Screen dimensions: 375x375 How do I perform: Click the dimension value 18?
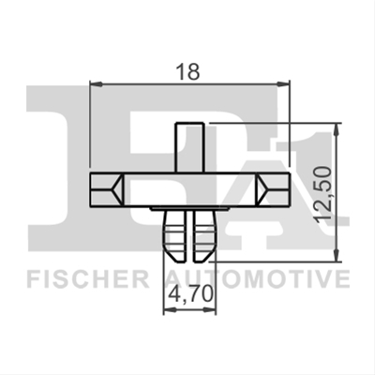point(187,71)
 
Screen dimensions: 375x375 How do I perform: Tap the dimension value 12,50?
point(322,194)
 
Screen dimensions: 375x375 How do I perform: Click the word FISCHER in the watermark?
point(88,279)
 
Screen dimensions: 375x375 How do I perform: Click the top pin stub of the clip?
point(189,147)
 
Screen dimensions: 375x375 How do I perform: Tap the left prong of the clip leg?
point(175,235)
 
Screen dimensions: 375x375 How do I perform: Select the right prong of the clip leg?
point(203,235)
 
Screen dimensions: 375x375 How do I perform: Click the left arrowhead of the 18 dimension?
point(96,83)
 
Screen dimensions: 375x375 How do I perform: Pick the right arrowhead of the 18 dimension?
point(284,83)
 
